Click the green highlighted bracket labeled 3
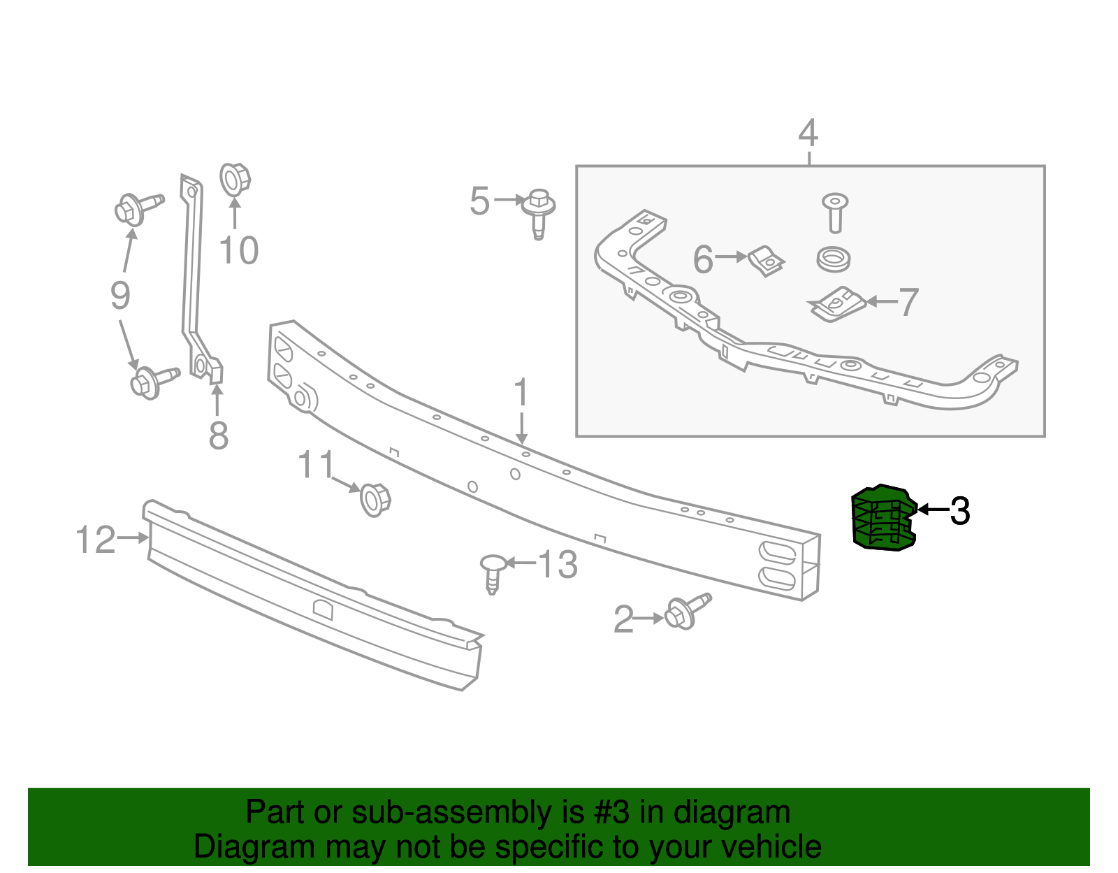[x=883, y=517]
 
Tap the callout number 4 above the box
[x=808, y=133]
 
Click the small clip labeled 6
[x=766, y=261]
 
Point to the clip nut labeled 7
[x=837, y=304]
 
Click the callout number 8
[x=219, y=435]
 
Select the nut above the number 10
[x=235, y=180]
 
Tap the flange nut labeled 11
[x=375, y=500]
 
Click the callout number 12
[x=96, y=540]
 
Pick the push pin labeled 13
[x=493, y=574]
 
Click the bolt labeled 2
[x=687, y=612]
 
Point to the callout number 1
[x=521, y=392]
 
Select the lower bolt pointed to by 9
[x=154, y=382]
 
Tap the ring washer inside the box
[x=833, y=259]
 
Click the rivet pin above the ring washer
[x=835, y=212]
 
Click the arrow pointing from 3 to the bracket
[x=934, y=510]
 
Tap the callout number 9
[x=120, y=296]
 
